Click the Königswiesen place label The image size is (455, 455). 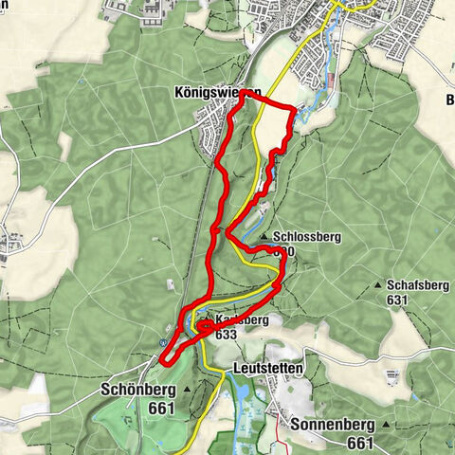pos(217,94)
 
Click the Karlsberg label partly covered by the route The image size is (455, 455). pos(239,320)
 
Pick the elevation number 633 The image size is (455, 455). pos(226,335)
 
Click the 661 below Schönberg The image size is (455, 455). pos(162,409)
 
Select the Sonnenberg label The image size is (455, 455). pos(334,425)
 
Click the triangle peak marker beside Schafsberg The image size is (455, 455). pos(378,284)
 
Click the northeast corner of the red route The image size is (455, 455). pos(294,107)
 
